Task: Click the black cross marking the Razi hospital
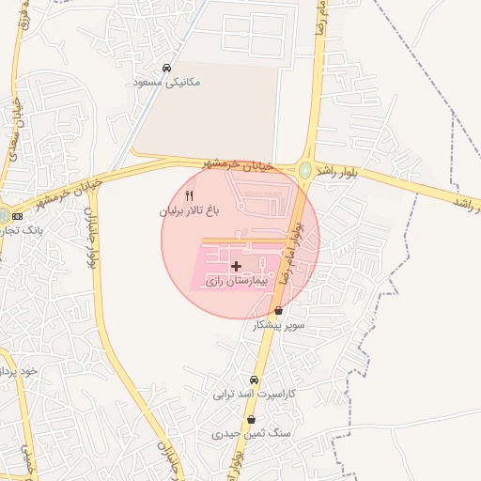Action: point(236,267)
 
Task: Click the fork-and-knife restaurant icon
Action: point(189,196)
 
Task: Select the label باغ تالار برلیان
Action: point(188,212)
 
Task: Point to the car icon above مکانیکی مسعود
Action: point(166,68)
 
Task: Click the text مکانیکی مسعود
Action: point(165,83)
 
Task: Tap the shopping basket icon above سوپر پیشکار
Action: point(278,311)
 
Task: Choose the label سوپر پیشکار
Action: point(280,325)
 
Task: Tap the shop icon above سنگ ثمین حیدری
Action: point(251,420)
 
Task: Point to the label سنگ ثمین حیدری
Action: point(251,434)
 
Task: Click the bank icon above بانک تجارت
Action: point(18,216)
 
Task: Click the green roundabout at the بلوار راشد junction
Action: point(306,170)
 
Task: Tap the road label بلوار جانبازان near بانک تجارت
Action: point(93,236)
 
